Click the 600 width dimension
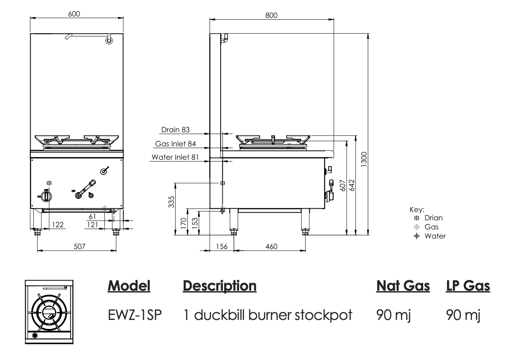74,14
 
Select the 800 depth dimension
271,15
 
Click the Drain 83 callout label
176,130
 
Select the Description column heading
219,286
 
